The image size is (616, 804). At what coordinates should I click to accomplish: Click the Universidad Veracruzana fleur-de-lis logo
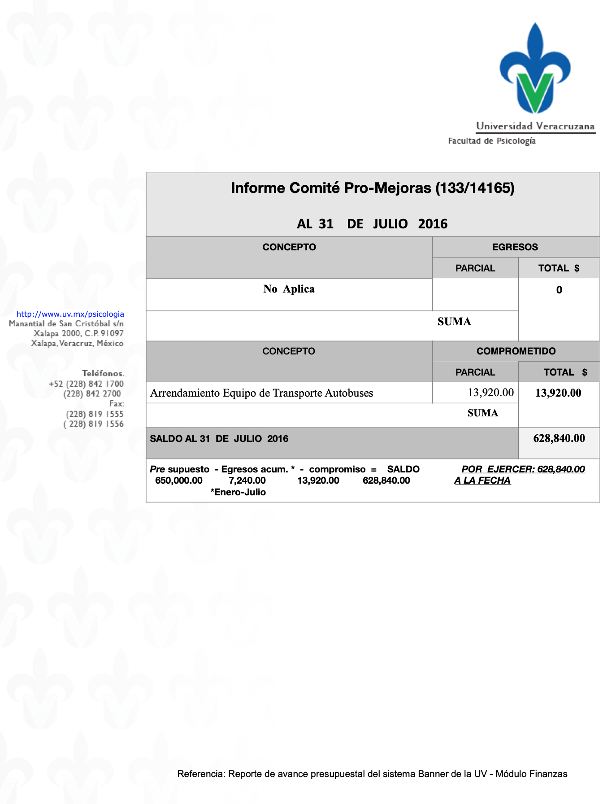tap(535, 70)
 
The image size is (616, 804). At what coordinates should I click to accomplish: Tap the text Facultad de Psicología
tap(491, 141)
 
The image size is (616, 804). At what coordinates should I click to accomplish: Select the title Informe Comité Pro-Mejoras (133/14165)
tap(372, 188)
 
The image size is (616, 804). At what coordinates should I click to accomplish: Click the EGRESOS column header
tap(515, 247)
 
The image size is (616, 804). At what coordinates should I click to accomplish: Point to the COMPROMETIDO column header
tap(516, 351)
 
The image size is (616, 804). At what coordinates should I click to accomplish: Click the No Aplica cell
tap(289, 289)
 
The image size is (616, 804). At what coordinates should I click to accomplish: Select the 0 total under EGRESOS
tap(559, 290)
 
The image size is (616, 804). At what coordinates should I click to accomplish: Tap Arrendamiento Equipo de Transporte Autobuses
tap(261, 393)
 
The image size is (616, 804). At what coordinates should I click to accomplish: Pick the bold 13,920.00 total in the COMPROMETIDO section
tap(558, 393)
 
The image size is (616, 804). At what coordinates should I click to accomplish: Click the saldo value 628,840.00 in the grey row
tap(559, 438)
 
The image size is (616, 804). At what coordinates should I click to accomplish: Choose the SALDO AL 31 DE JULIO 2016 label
tap(219, 439)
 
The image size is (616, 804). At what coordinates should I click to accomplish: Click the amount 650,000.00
tap(178, 481)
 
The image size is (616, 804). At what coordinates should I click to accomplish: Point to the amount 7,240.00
tap(247, 481)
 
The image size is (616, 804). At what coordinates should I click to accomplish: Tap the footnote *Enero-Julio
tap(238, 492)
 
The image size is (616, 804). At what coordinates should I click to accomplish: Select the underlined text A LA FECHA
tap(482, 481)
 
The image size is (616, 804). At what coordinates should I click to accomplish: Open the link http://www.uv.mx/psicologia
tap(70, 314)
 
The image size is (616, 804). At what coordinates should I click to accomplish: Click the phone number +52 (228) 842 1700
tap(86, 384)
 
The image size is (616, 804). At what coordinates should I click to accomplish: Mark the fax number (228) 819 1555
tap(95, 414)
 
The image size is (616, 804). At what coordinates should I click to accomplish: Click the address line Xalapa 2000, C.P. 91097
tap(78, 333)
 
